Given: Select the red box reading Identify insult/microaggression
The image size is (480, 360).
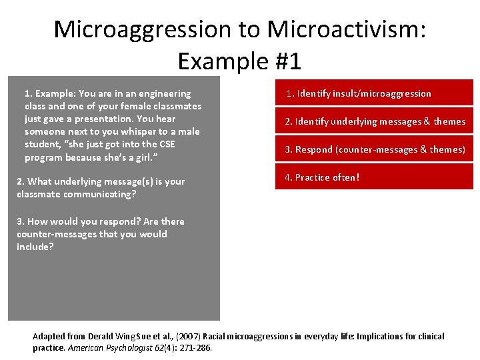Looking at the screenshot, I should point(374,93).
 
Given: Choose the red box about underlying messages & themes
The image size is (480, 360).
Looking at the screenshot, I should point(374,121).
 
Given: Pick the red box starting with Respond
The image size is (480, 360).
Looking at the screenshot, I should point(374,149).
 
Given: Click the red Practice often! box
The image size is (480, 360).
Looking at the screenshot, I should point(374,177).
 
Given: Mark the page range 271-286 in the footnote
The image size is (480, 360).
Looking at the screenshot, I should point(195,347).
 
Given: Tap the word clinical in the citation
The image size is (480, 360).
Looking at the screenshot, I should point(429,337).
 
